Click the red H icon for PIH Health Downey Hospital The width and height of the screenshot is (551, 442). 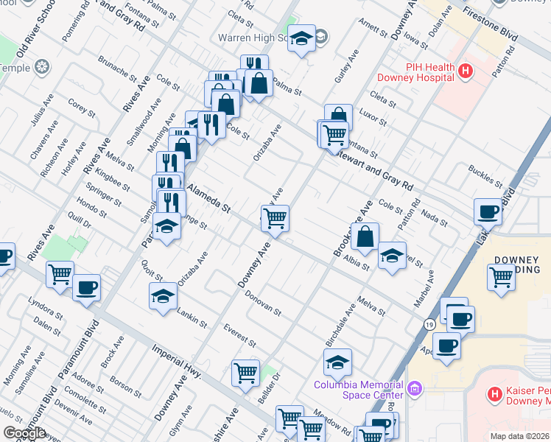click(x=465, y=71)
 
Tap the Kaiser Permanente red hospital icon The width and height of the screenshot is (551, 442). click(x=495, y=395)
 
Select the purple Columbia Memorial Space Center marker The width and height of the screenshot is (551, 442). click(x=414, y=387)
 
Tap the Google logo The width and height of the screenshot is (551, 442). click(x=24, y=432)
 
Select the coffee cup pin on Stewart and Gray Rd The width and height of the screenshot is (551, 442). click(x=488, y=213)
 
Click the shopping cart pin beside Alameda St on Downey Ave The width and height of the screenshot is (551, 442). click(x=275, y=218)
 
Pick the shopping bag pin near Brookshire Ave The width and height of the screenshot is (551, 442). click(x=365, y=237)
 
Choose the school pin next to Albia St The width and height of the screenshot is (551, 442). click(x=392, y=256)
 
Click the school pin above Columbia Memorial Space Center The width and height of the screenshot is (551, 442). click(x=337, y=362)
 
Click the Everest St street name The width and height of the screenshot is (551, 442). click(x=239, y=333)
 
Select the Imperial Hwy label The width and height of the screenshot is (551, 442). click(x=177, y=361)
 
